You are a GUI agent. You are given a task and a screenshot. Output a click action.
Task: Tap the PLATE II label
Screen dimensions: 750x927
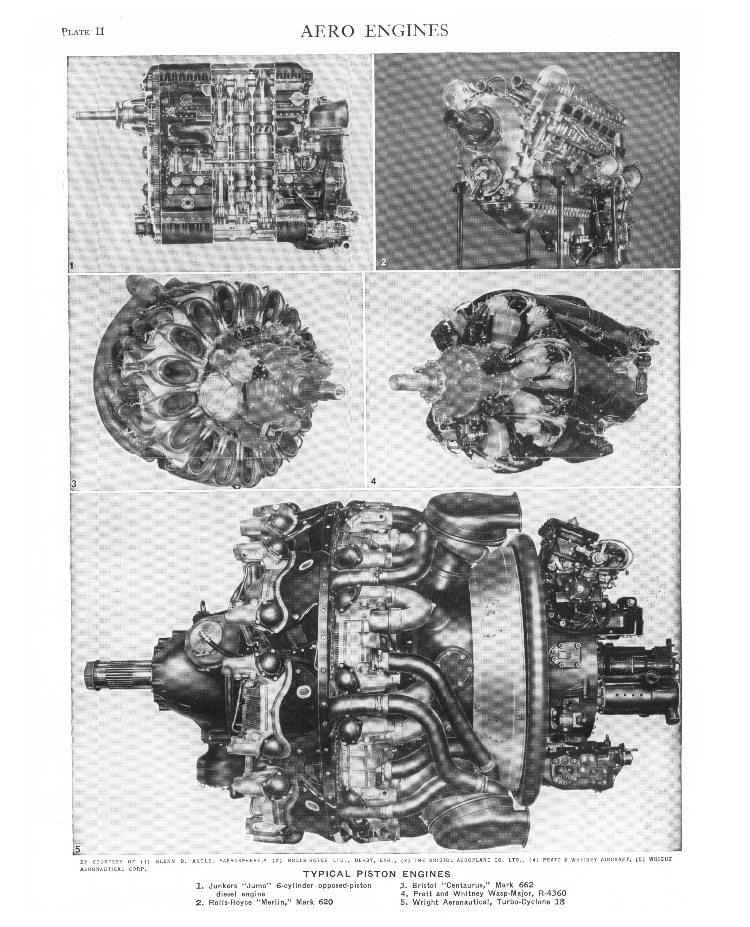(x=83, y=31)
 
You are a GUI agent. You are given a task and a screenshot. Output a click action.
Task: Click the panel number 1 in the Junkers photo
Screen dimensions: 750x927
(x=72, y=266)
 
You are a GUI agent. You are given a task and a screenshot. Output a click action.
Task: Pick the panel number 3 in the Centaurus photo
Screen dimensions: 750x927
(x=74, y=484)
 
